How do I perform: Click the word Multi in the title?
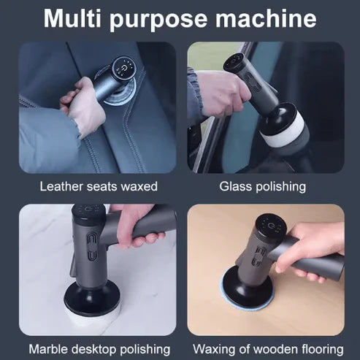[75, 18]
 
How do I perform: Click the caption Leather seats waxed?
[98, 186]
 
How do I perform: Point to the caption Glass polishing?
[262, 186]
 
